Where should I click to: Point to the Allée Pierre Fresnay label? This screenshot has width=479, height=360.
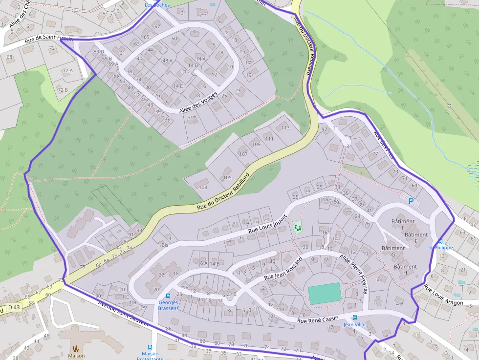click(x=353, y=274)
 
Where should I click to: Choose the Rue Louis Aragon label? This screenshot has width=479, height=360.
click(x=443, y=295)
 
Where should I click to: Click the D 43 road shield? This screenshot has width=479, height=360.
click(x=14, y=307)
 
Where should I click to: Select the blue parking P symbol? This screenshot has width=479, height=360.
click(x=411, y=201)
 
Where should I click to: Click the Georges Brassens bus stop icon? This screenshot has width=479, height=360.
click(x=168, y=296)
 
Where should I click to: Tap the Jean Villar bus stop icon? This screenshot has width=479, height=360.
click(x=354, y=318)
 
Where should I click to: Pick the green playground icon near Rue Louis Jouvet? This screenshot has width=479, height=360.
click(x=297, y=227)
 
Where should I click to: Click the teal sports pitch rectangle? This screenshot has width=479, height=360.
click(x=324, y=293)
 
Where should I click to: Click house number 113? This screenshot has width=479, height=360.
click(x=285, y=128)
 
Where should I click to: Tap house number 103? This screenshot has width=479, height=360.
click(x=203, y=188)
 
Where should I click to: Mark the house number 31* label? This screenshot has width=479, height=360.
click(x=191, y=117)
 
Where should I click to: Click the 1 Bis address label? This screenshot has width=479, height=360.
click(x=163, y=244)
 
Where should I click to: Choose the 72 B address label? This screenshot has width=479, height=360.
click(x=63, y=90)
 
